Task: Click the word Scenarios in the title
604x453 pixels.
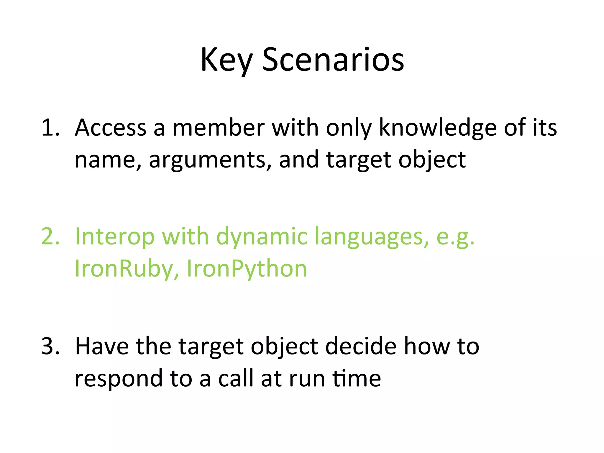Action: pyautogui.click(x=333, y=60)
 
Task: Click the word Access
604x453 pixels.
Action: pyautogui.click(x=111, y=127)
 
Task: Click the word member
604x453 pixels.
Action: pyautogui.click(x=218, y=127)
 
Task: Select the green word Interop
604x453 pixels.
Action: pyautogui.click(x=115, y=236)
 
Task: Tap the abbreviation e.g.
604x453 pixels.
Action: pyautogui.click(x=455, y=236)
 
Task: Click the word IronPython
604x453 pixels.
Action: pyautogui.click(x=247, y=269)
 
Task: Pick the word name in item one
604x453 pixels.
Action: pyautogui.click(x=105, y=160)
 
